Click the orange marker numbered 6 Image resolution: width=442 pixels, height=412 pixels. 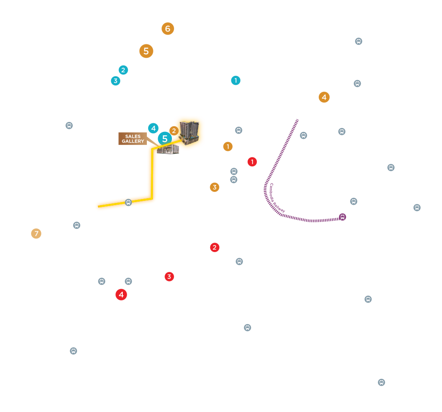[x=168, y=28]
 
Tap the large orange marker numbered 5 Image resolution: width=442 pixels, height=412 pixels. [x=146, y=51]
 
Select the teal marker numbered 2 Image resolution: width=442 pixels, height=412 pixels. [x=123, y=70]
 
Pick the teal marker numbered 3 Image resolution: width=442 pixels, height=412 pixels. [x=115, y=81]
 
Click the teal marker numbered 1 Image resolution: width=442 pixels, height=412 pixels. [x=236, y=80]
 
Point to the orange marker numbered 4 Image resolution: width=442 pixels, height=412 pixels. [x=324, y=97]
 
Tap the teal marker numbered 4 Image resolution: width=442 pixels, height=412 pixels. [x=153, y=128]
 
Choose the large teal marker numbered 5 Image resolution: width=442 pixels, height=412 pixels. [x=165, y=139]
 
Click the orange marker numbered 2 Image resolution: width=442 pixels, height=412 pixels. [x=174, y=131]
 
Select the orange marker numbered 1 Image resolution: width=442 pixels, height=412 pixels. [x=228, y=147]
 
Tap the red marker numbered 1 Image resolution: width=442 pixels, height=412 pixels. [x=252, y=162]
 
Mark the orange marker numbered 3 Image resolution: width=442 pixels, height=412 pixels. [x=215, y=187]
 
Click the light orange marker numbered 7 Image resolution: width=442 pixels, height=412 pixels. [x=36, y=234]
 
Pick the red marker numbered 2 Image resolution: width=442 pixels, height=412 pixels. [x=215, y=248]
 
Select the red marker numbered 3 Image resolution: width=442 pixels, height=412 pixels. [x=169, y=277]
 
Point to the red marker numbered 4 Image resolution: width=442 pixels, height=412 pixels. [x=121, y=295]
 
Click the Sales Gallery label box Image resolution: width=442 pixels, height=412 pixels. [x=133, y=139]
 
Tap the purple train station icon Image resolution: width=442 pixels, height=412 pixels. [x=342, y=217]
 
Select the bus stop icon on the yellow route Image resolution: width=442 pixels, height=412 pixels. [x=128, y=202]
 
